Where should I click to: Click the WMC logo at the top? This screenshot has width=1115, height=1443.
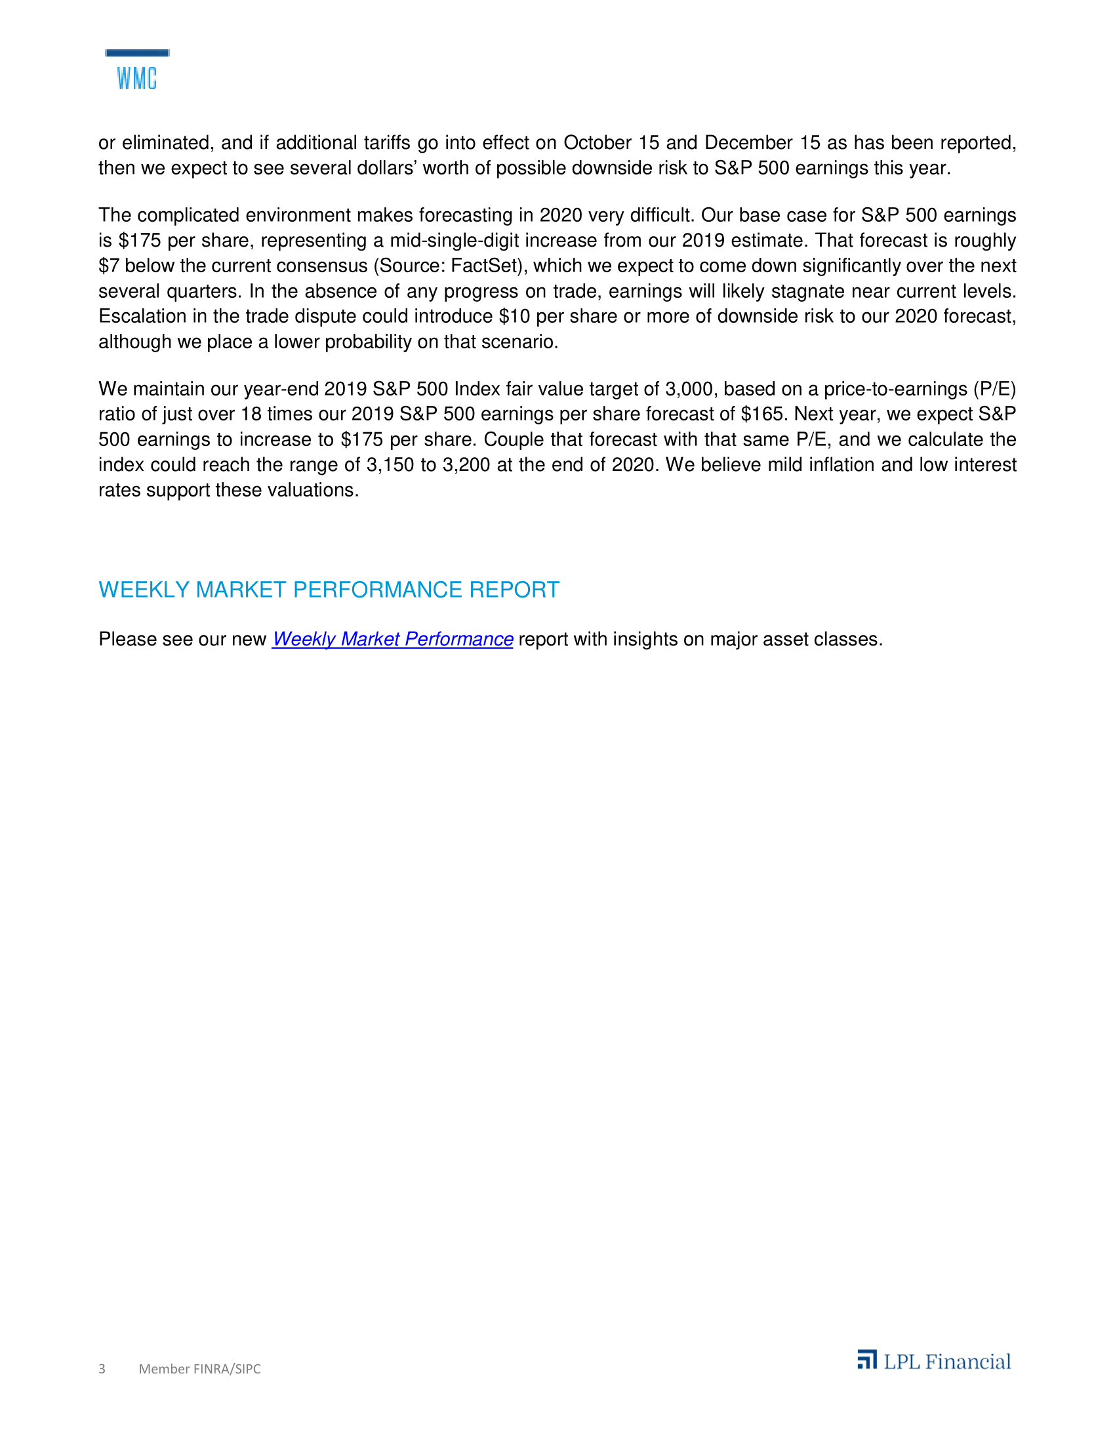[x=136, y=71]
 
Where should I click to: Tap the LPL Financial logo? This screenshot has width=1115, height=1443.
[x=933, y=1361]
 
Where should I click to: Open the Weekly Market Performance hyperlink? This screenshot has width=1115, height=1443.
[x=392, y=639]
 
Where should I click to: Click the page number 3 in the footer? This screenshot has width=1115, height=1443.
[x=102, y=1368]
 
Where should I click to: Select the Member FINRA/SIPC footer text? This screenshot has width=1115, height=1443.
[x=199, y=1368]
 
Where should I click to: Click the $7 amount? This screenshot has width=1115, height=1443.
[x=109, y=266]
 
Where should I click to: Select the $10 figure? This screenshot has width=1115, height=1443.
[x=515, y=317]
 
